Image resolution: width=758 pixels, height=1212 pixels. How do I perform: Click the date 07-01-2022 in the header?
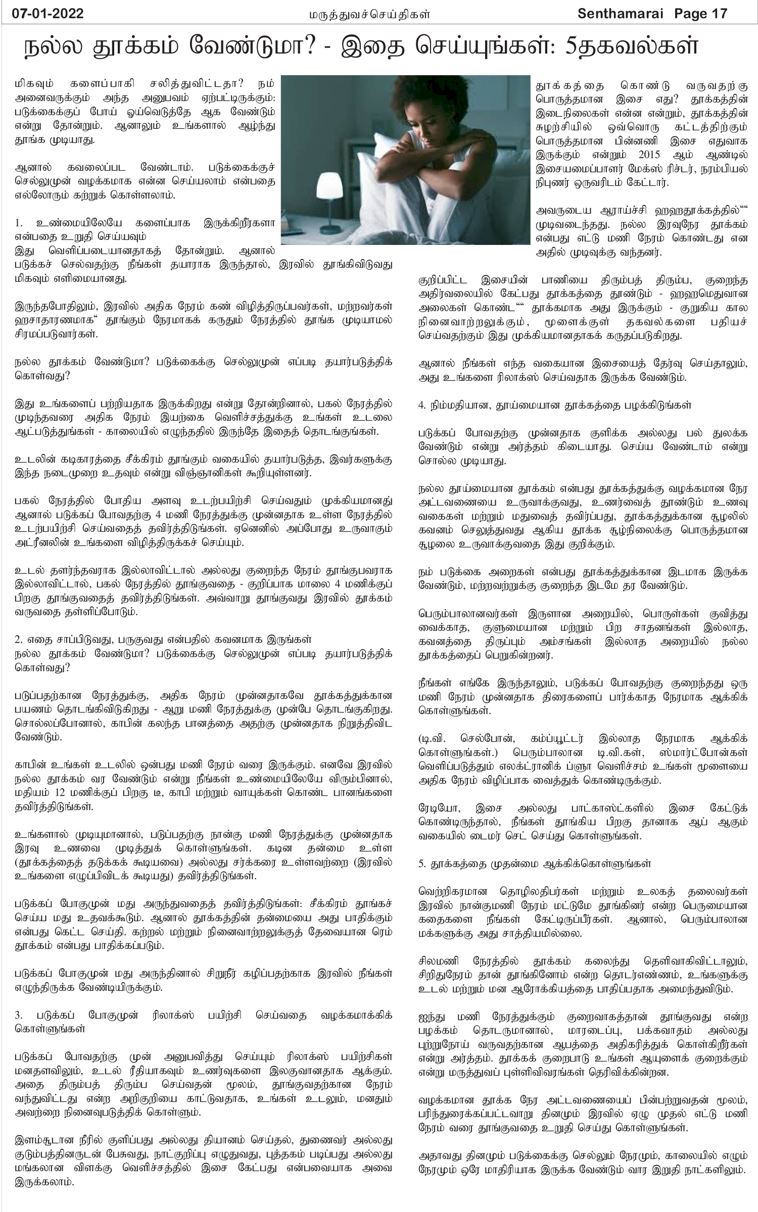pos(48,14)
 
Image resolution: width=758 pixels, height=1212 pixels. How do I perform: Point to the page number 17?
pos(719,14)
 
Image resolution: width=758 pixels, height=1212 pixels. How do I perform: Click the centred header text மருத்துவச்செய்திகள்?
pos(370,14)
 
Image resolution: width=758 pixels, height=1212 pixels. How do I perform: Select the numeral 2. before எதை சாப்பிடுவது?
pos(19,639)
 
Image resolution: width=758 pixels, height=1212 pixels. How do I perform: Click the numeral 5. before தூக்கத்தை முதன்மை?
pos(422,864)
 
